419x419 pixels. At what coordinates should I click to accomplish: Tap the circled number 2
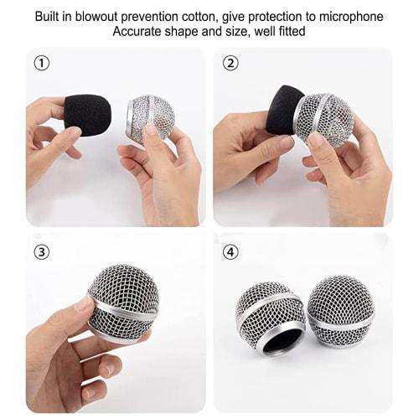click(x=231, y=63)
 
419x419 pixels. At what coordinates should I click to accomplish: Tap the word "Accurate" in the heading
click(x=140, y=32)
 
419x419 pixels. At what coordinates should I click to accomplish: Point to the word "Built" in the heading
click(x=49, y=17)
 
